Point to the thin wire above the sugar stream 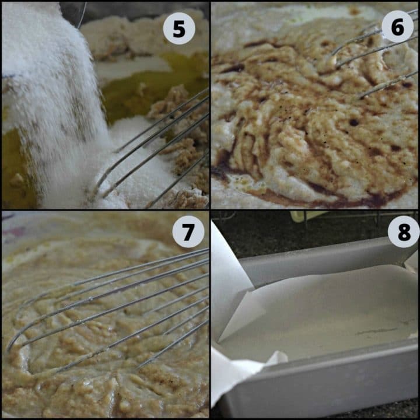pos(82,15)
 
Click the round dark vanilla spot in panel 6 pos(353,123)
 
